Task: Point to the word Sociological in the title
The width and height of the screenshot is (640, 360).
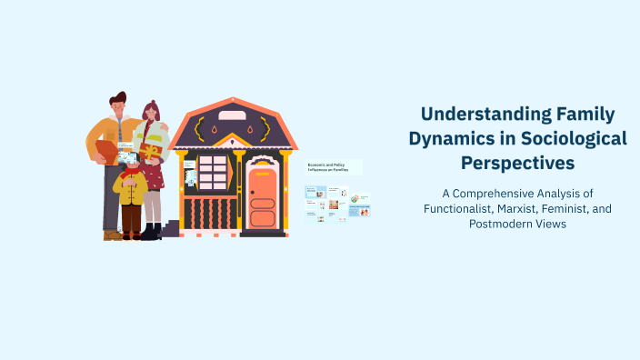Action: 578,139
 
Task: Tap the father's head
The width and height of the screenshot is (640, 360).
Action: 118,105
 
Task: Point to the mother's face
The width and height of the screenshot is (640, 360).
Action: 151,113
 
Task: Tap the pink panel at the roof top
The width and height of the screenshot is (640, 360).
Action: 232,115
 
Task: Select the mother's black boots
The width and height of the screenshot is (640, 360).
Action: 151,231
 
